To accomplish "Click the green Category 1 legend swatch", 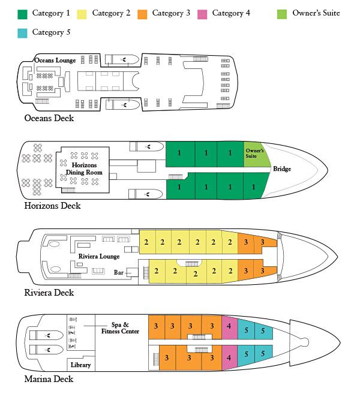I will point(22,13).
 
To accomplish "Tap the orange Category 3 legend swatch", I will point(142,13).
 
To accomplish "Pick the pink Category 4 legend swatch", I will point(202,13).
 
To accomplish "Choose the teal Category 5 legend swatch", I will point(22,32).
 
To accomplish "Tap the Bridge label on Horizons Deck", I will point(282,169).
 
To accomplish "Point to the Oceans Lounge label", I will point(55,60).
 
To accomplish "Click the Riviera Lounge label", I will point(98,256).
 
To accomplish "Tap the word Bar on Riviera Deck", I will point(119,272).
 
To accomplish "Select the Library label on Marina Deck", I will point(80,365).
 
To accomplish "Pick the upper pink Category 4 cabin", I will point(229,326).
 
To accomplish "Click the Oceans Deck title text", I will point(49,118).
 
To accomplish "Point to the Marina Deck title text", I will point(49,379).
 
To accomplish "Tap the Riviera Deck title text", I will point(49,293).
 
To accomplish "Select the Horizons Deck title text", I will point(52,206).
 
